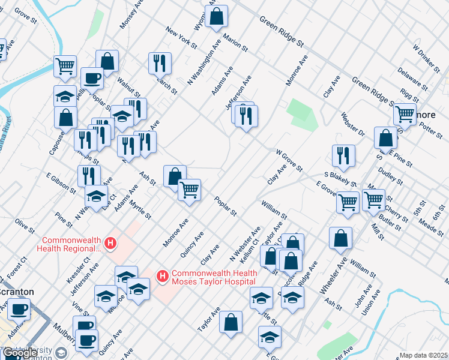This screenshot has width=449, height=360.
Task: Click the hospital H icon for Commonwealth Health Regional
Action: [x=110, y=244]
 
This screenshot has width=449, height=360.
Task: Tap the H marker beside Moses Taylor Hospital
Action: [x=161, y=276]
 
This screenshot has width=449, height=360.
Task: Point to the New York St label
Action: [x=182, y=37]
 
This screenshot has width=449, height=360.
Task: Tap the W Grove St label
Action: [x=289, y=160]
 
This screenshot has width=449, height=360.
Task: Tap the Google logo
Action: [x=21, y=353]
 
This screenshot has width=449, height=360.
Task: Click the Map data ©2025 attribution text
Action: [x=423, y=355]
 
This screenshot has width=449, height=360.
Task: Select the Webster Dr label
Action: [x=352, y=124]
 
